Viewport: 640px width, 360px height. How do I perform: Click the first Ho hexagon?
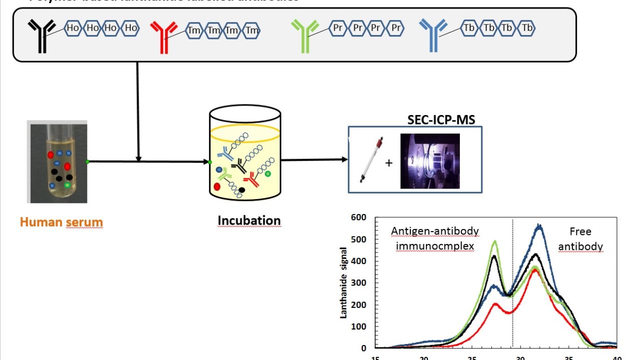(x=73, y=28)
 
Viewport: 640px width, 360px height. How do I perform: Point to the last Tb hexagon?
(x=527, y=28)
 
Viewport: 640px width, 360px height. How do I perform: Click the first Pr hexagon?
(x=338, y=28)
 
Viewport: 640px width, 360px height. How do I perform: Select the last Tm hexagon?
(x=252, y=31)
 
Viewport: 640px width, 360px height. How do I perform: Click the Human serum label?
(x=61, y=222)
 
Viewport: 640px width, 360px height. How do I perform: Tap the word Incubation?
(x=249, y=220)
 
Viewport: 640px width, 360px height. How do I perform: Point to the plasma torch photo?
(x=429, y=161)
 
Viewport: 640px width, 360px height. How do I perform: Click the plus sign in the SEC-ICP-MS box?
(x=388, y=163)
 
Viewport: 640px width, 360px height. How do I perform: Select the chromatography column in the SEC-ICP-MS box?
(x=371, y=160)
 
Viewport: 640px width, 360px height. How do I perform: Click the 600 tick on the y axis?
(x=358, y=217)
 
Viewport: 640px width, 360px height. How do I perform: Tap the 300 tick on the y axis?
(x=358, y=283)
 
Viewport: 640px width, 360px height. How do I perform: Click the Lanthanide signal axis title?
(x=344, y=282)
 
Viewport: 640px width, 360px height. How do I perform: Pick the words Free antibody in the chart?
(x=580, y=239)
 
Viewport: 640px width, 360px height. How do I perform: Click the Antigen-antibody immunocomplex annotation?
(x=435, y=238)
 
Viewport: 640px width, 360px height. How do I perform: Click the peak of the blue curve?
(x=539, y=226)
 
